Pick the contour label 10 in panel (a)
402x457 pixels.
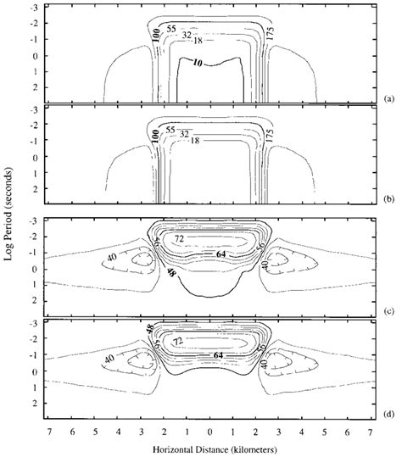tap(197, 63)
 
